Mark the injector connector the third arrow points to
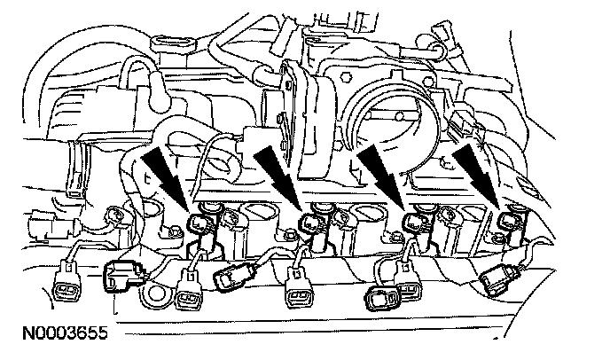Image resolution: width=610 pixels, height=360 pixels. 412,222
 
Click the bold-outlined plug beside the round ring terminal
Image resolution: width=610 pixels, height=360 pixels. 121,278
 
